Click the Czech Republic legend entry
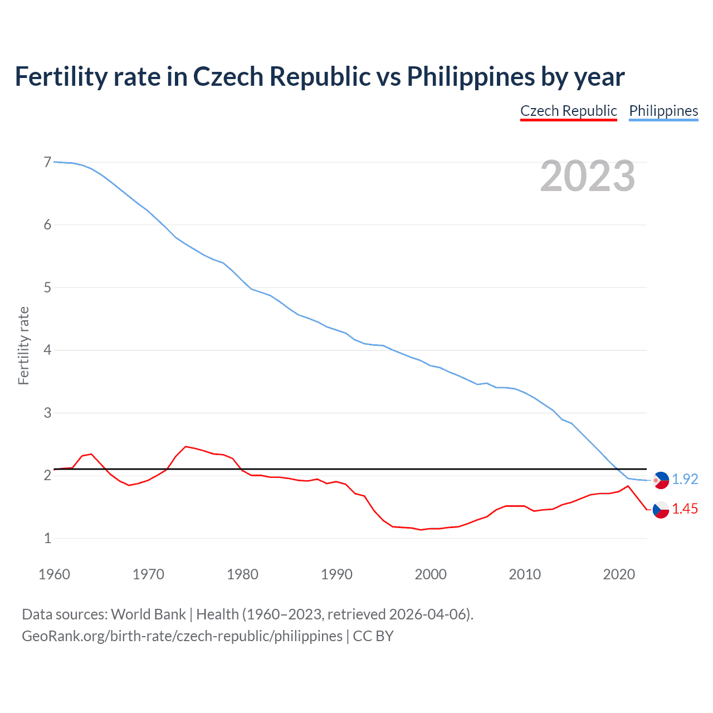pyautogui.click(x=568, y=111)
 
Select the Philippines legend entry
pyautogui.click(x=663, y=111)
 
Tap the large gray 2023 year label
pyautogui.click(x=587, y=176)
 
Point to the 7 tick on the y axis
pyautogui.click(x=47, y=162)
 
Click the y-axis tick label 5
pyautogui.click(x=47, y=287)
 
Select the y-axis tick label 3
pyautogui.click(x=47, y=413)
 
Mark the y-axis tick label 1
pyautogui.click(x=47, y=538)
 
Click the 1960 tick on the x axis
pyautogui.click(x=54, y=574)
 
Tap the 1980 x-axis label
pyautogui.click(x=242, y=574)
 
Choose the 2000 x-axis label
pyautogui.click(x=431, y=574)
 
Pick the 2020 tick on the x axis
pyautogui.click(x=619, y=574)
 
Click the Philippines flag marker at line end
pyautogui.click(x=661, y=480)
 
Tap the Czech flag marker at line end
pyautogui.click(x=661, y=510)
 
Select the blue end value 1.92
pyautogui.click(x=685, y=479)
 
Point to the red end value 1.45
pyautogui.click(x=685, y=509)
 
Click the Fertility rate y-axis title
pyautogui.click(x=23, y=345)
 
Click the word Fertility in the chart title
pyautogui.click(x=60, y=76)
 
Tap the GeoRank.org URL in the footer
pyautogui.click(x=182, y=636)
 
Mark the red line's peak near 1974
pyautogui.click(x=186, y=446)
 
